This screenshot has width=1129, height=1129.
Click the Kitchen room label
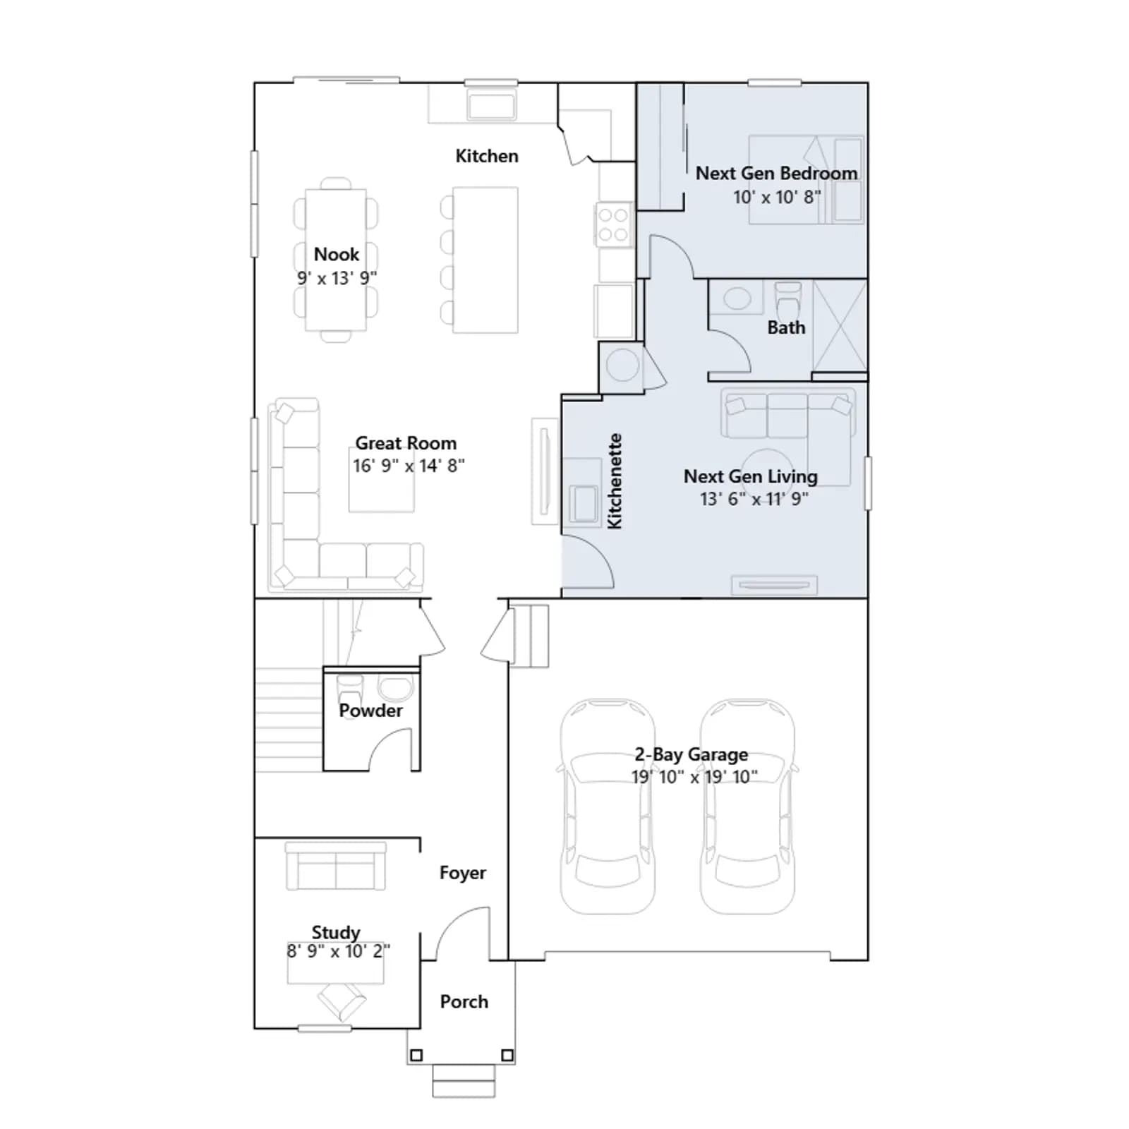point(487,156)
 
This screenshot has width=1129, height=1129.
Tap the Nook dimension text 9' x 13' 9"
point(337,278)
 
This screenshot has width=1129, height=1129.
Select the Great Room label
point(406,443)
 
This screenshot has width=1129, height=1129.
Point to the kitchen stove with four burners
point(613,224)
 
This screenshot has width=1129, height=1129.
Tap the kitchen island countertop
point(485,260)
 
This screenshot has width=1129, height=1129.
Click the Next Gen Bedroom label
point(776,174)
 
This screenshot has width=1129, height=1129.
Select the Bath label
point(786,327)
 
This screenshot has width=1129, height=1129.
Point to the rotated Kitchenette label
point(615,481)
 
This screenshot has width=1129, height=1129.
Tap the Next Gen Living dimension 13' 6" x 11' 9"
point(754,499)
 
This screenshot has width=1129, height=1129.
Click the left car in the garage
point(608,807)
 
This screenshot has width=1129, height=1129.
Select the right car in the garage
point(747,807)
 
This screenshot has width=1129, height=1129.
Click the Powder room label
point(370,711)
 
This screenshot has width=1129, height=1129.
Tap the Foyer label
point(463,873)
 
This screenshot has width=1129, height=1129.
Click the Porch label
point(464,1002)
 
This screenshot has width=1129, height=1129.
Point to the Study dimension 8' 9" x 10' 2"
point(339,951)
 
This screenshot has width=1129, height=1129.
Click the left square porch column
point(416,1056)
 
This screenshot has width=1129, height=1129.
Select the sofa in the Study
point(336,866)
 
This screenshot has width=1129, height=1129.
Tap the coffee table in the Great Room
point(382,480)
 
